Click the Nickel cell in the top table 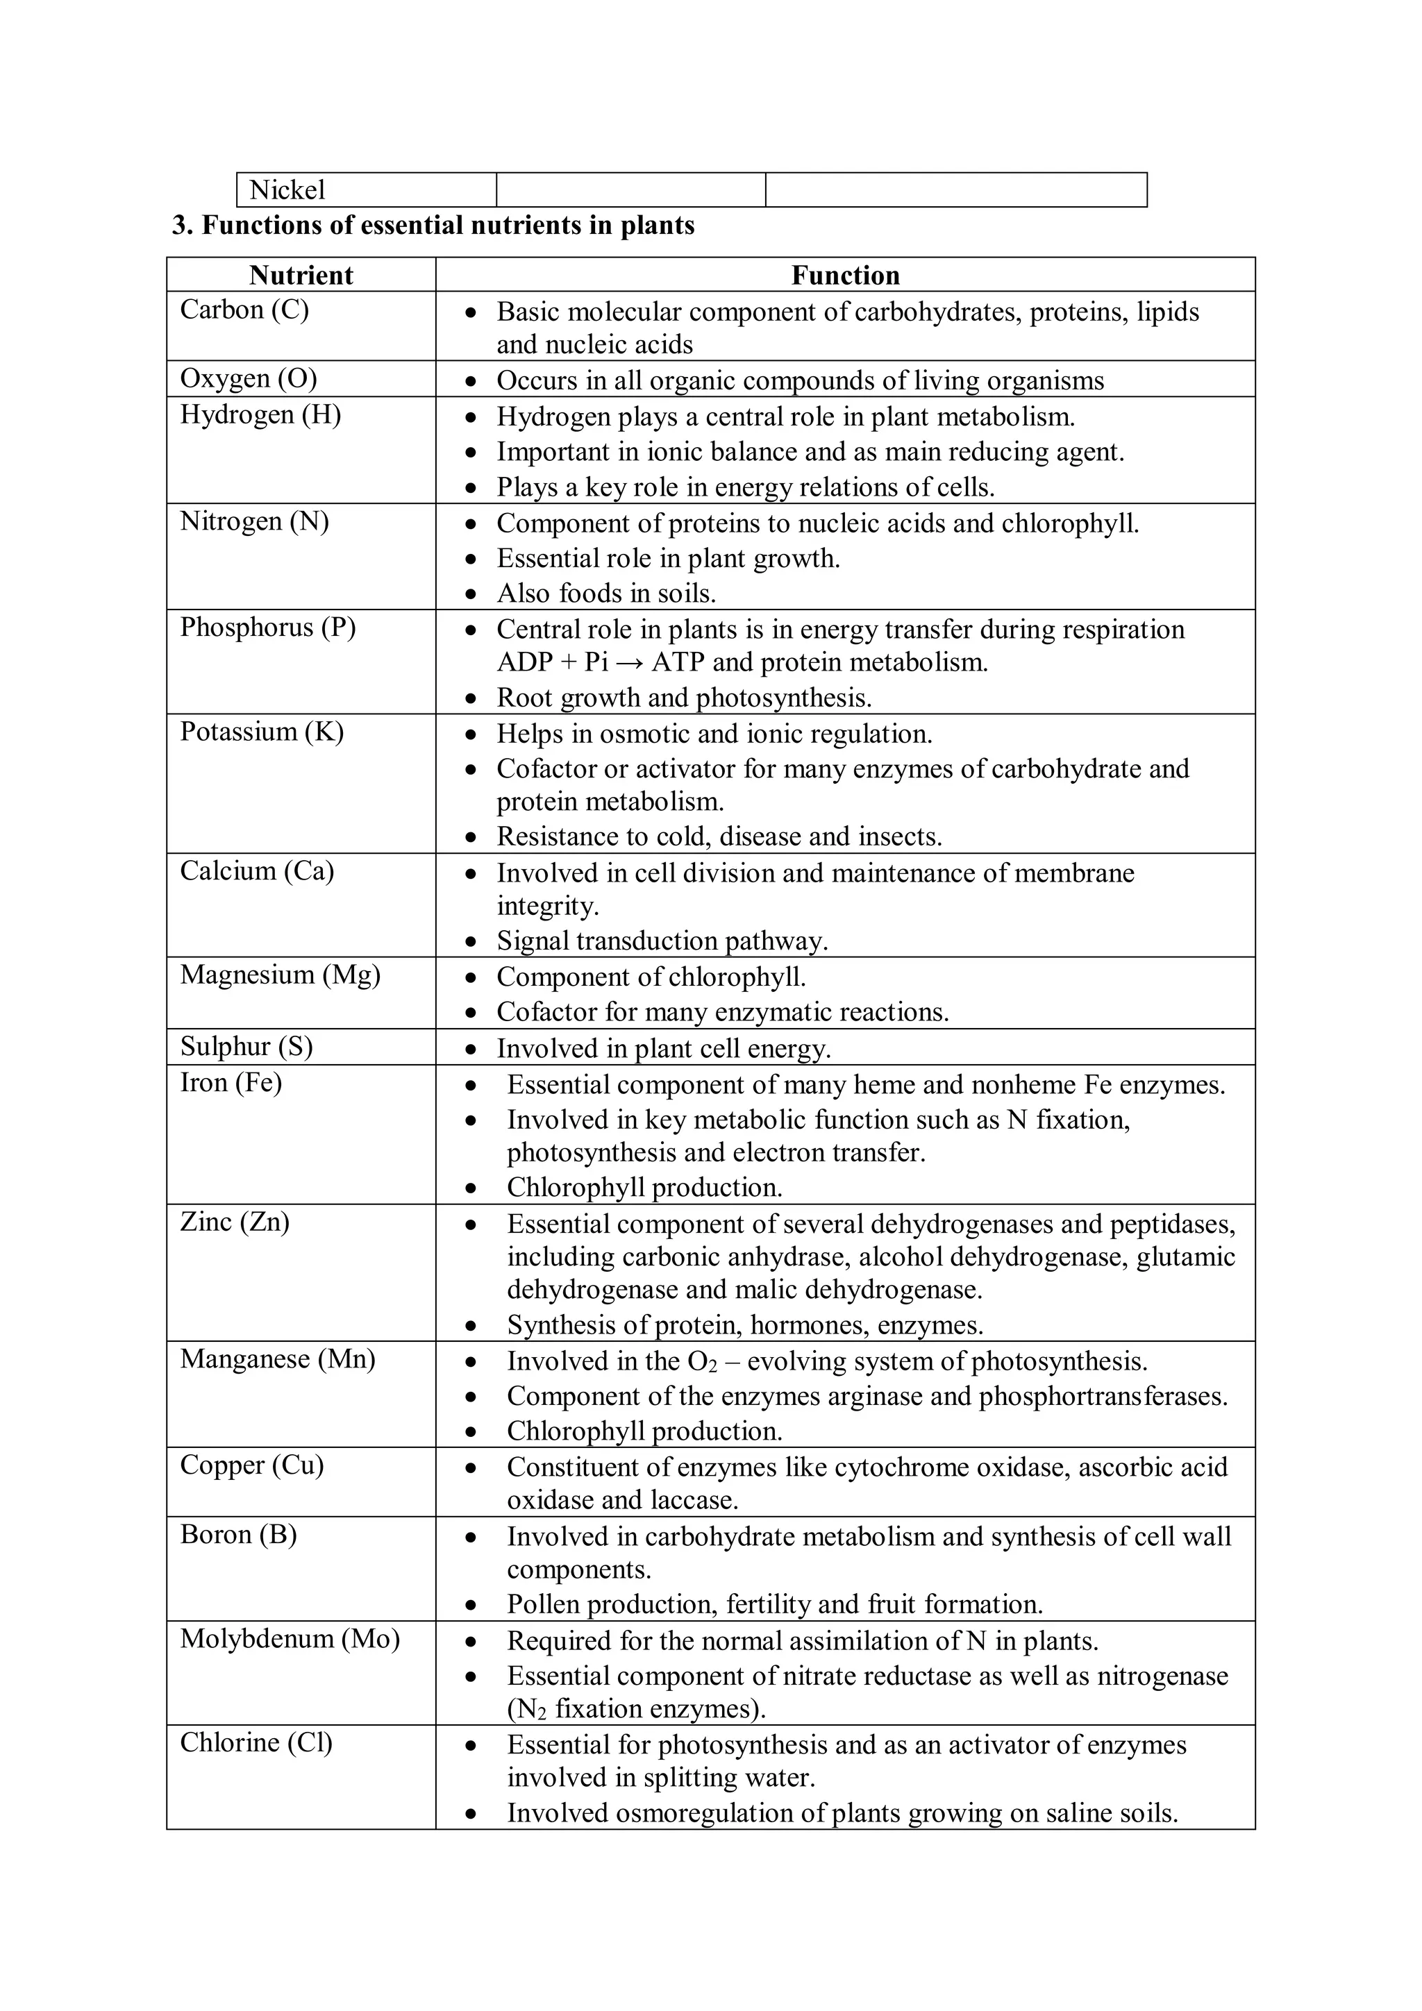(x=287, y=190)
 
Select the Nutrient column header (x=301, y=275)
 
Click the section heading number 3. (x=181, y=226)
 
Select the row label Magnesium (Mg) (x=281, y=975)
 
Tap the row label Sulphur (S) (x=246, y=1047)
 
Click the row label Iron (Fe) (x=231, y=1083)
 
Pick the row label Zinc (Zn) (x=235, y=1222)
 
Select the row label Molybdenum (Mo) (x=290, y=1639)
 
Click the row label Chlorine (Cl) (x=256, y=1742)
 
